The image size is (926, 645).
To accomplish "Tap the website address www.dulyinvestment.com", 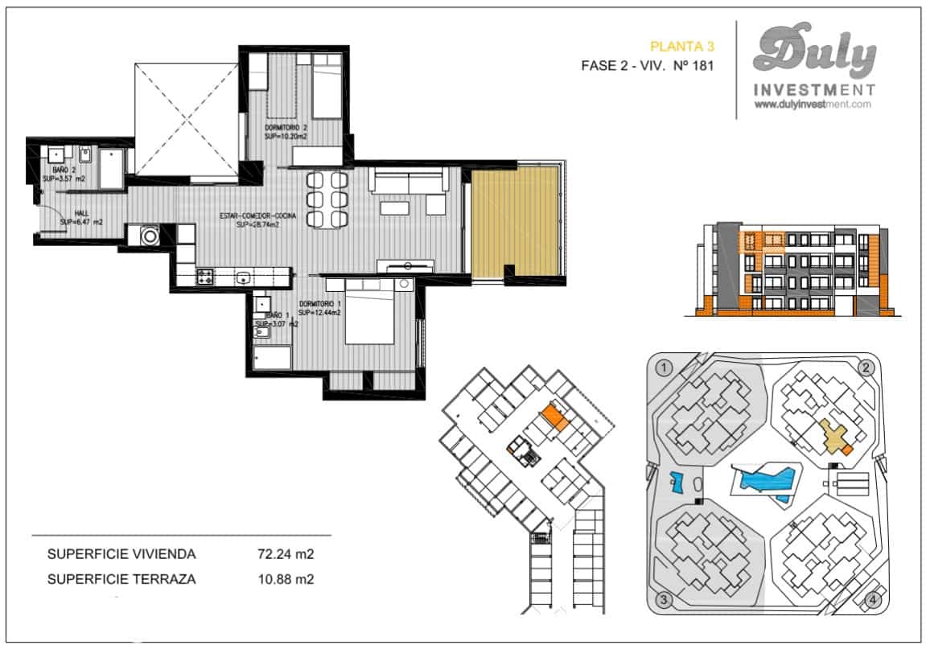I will click(x=813, y=105).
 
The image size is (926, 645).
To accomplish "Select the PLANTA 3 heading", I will click(x=681, y=47).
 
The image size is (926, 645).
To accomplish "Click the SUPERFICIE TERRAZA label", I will click(x=121, y=578).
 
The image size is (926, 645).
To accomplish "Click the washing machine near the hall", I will click(x=149, y=236).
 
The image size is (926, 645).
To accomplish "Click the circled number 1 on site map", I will click(x=664, y=368).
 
